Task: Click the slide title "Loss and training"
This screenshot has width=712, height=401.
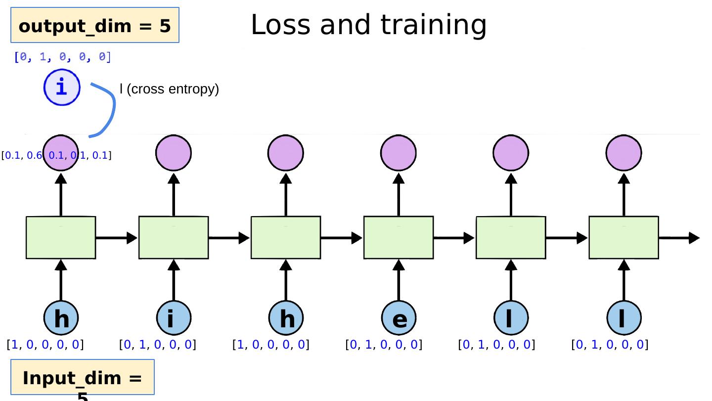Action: [x=368, y=25]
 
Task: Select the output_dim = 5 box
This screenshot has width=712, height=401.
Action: [x=94, y=26]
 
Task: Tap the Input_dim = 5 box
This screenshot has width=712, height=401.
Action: [x=83, y=378]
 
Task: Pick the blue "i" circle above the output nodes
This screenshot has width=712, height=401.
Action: [x=62, y=88]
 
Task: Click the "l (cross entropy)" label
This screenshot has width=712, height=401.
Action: [x=169, y=89]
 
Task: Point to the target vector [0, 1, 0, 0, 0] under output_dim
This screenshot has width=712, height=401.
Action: [x=63, y=57]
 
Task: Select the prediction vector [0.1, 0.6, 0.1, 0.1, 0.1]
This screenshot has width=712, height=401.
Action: [x=56, y=156]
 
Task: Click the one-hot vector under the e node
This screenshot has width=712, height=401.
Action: [x=384, y=345]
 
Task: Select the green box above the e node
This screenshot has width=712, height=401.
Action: [x=399, y=237]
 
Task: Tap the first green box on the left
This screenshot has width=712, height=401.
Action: [x=61, y=237]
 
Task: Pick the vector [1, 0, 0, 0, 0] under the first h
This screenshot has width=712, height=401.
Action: [x=45, y=345]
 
